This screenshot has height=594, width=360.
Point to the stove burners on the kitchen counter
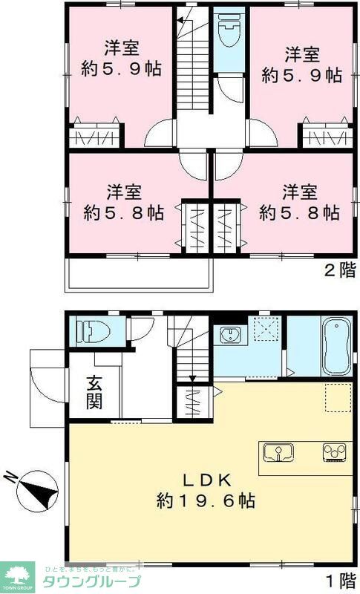[333, 452]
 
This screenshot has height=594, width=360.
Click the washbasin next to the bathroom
[229, 336]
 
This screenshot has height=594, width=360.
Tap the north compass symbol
[33, 490]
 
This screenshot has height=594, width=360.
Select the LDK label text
[206, 479]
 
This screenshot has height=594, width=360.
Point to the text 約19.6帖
[206, 501]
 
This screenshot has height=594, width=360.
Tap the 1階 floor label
[338, 577]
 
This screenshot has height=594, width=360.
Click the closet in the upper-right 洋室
[324, 137]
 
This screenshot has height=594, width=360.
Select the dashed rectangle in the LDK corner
[338, 398]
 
